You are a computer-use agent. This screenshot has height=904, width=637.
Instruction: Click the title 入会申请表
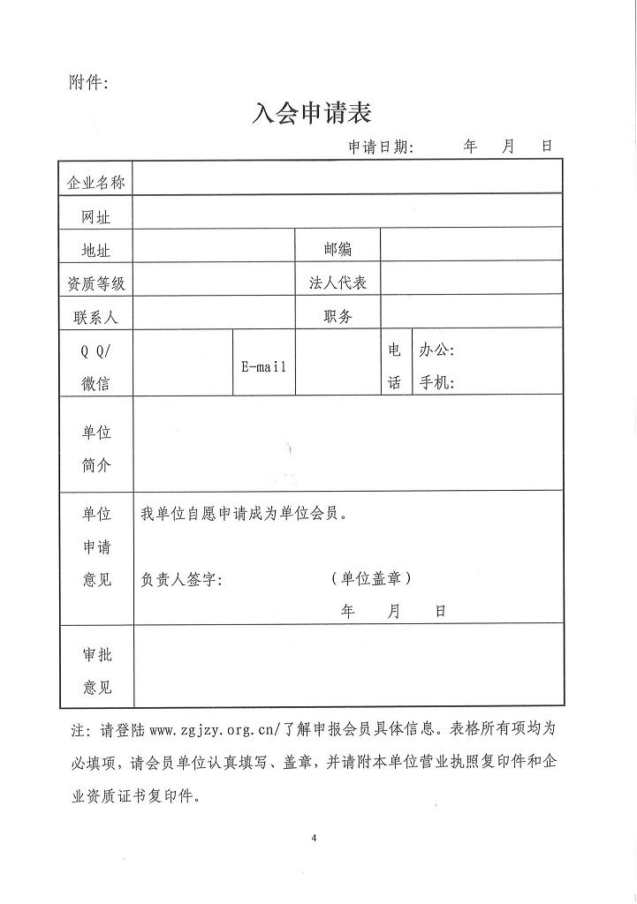click(312, 113)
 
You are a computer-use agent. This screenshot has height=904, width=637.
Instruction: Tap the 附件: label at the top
click(87, 83)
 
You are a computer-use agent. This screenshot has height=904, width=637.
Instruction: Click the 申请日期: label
click(380, 147)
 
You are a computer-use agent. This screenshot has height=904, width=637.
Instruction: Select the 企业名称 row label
click(96, 183)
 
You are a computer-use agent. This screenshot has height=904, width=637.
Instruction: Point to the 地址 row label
click(96, 251)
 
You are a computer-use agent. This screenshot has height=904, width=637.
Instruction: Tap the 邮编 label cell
click(337, 250)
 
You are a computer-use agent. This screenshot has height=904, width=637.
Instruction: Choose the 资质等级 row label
click(96, 283)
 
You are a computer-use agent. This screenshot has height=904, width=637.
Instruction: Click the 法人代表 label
click(337, 283)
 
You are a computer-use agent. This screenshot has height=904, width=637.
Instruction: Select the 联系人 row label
click(96, 317)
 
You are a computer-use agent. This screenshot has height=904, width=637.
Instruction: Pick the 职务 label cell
click(337, 317)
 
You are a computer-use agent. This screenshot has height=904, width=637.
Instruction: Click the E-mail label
click(264, 366)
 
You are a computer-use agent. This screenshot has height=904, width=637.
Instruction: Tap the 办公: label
click(436, 350)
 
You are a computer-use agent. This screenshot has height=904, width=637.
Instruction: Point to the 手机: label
click(436, 383)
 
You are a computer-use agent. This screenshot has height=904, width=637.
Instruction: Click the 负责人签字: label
click(182, 580)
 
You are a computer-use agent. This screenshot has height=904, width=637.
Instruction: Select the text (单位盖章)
click(371, 579)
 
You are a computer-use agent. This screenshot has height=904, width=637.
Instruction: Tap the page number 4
click(314, 837)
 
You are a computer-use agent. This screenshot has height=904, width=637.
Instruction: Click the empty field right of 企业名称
click(347, 182)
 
